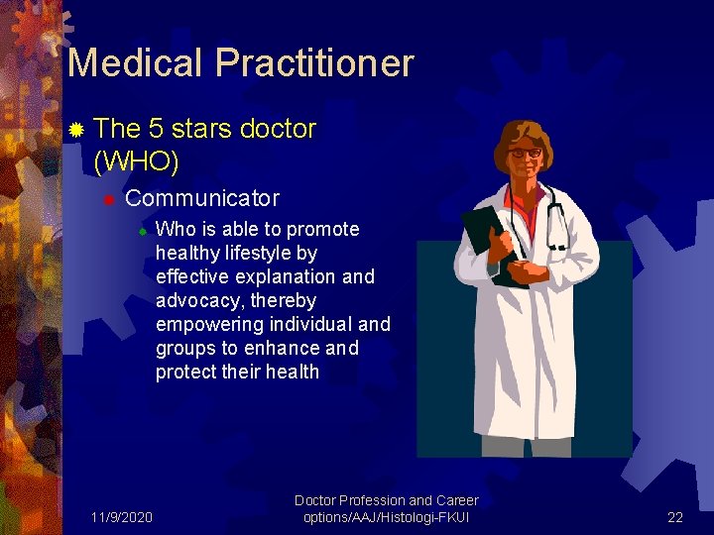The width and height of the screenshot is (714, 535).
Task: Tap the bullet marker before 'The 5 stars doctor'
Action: coord(76,129)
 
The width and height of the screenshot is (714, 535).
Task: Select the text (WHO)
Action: coord(136,160)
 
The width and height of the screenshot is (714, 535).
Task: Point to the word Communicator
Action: coord(202,198)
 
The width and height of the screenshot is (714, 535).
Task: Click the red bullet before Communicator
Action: coord(110,199)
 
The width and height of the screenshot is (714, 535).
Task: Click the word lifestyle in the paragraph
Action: coord(257,253)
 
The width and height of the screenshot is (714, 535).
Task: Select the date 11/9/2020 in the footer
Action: coord(121,517)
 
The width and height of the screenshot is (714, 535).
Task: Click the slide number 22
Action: coord(675,517)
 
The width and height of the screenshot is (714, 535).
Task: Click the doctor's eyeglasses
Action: coord(525,153)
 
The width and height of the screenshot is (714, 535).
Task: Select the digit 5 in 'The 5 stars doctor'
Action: coord(156,129)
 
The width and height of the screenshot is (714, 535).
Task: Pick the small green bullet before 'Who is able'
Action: coord(142,231)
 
